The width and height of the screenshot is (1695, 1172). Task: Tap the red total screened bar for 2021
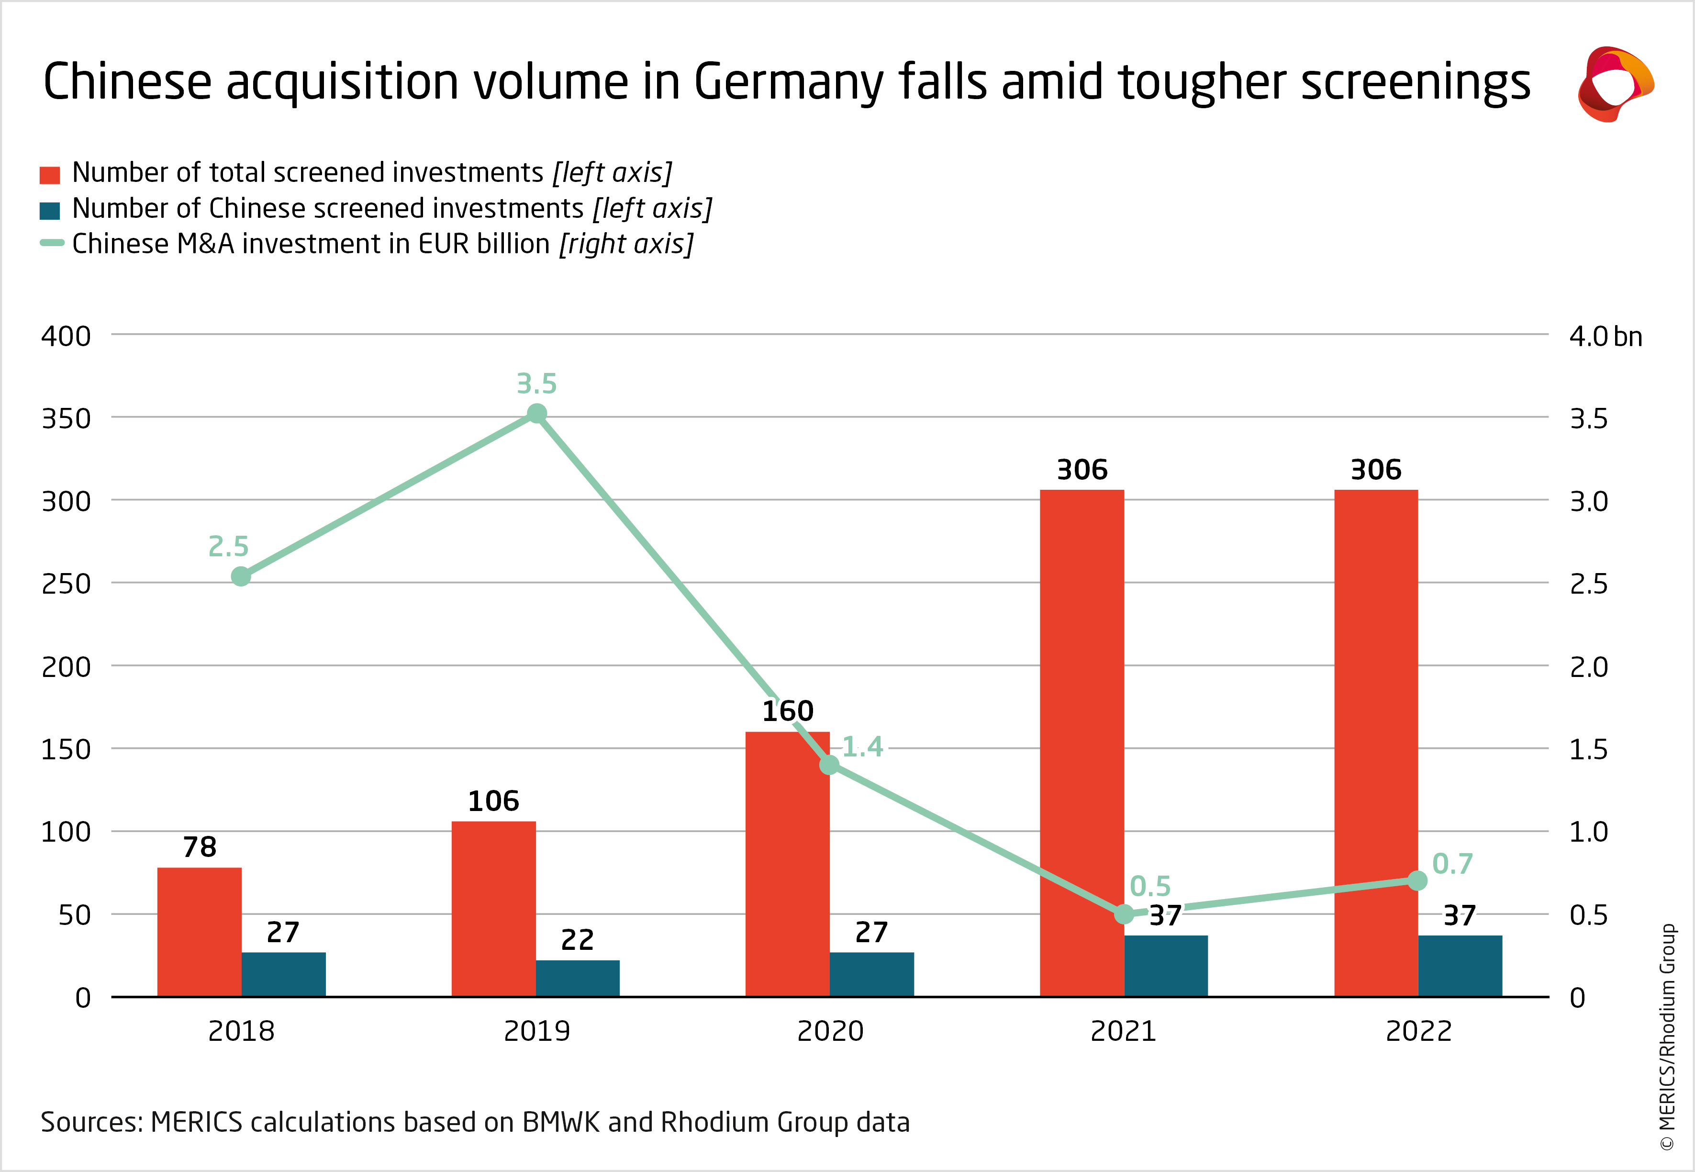pos(1082,742)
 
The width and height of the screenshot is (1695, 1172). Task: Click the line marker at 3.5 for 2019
pos(536,414)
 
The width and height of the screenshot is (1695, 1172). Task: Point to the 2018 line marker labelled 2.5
pos(241,576)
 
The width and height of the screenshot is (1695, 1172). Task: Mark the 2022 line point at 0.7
pos(1417,880)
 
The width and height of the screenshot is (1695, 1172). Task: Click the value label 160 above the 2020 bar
pos(788,711)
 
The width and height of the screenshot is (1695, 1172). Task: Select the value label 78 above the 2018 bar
pos(200,847)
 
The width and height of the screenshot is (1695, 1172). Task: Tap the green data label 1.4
pos(862,747)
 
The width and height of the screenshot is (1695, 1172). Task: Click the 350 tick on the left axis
pos(66,418)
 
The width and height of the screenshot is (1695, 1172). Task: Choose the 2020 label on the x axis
pos(830,1031)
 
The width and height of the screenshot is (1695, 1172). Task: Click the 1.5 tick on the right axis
pos(1588,750)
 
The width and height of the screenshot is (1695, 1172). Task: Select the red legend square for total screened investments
pos(50,175)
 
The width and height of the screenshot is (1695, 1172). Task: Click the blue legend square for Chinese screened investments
pos(50,211)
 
